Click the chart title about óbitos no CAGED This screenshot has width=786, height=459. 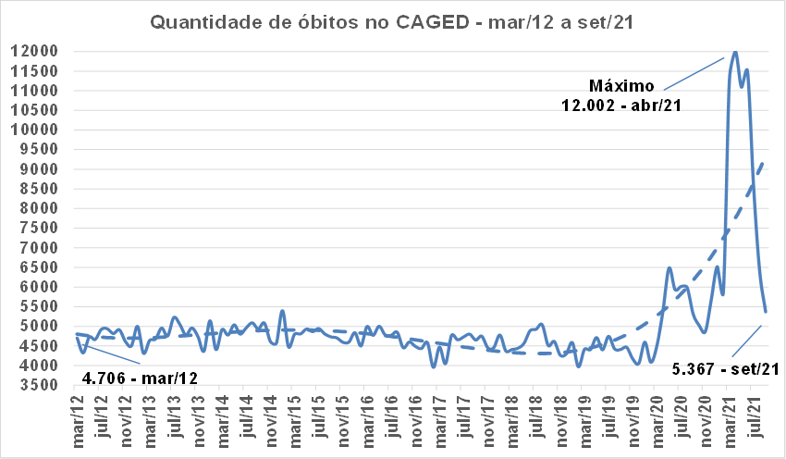(x=393, y=21)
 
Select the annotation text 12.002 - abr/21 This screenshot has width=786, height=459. (x=621, y=105)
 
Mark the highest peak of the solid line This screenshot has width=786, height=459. (x=735, y=52)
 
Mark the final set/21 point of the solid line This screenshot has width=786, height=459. (x=766, y=312)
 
